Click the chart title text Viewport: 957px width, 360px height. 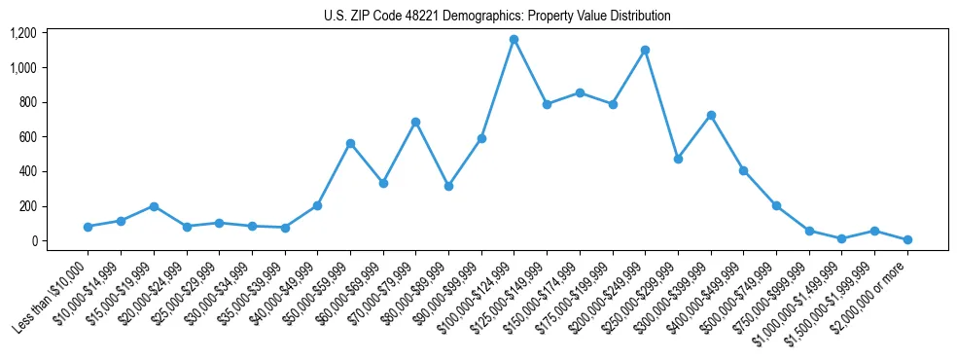click(497, 16)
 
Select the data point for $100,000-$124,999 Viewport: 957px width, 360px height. click(514, 40)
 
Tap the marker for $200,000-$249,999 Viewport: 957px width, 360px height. click(645, 50)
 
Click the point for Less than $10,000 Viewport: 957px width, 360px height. click(88, 227)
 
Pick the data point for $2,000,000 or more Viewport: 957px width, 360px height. click(907, 239)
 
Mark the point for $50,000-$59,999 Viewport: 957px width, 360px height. click(350, 143)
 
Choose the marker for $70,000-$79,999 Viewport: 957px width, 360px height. click(415, 122)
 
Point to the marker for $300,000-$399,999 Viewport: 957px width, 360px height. click(711, 115)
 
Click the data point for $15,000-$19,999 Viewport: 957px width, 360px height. click(154, 206)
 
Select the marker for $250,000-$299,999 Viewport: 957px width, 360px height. click(678, 159)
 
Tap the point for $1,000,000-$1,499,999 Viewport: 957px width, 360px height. click(841, 238)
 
